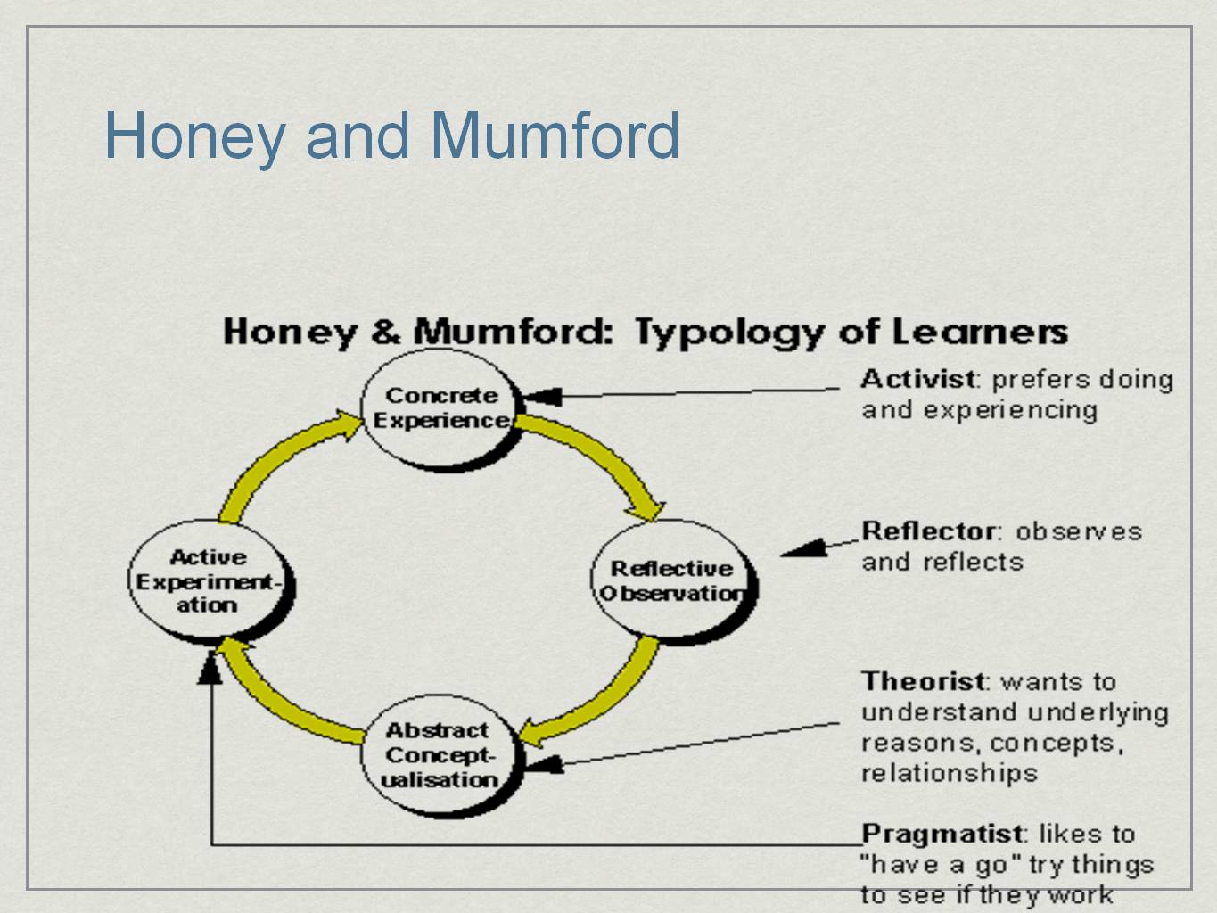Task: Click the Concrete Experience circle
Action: (439, 409)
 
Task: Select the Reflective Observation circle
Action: (671, 580)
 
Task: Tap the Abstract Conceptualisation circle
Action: (440, 754)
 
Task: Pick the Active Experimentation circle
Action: (208, 580)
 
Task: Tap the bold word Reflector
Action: (927, 531)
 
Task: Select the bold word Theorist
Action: (924, 682)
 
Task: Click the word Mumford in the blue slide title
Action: (555, 136)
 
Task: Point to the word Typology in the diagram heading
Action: (729, 333)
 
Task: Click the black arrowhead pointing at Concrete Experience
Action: (542, 397)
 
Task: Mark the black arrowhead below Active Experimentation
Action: (210, 667)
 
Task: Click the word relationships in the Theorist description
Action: (949, 773)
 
